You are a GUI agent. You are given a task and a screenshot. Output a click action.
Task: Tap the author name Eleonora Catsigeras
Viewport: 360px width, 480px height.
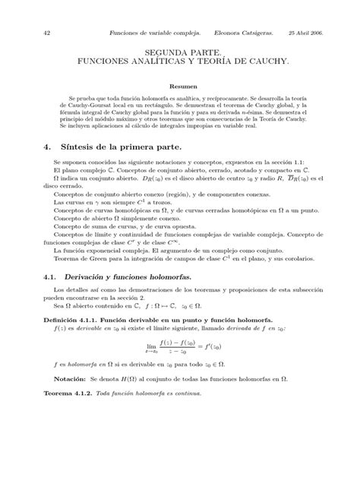point(239,33)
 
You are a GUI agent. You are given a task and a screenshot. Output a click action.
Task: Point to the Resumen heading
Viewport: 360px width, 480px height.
point(180,87)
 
